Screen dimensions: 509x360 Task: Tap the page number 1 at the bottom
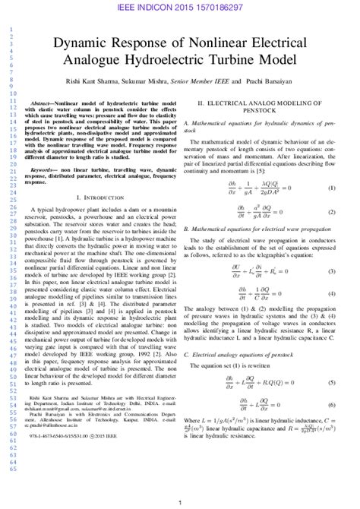click(179, 502)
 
